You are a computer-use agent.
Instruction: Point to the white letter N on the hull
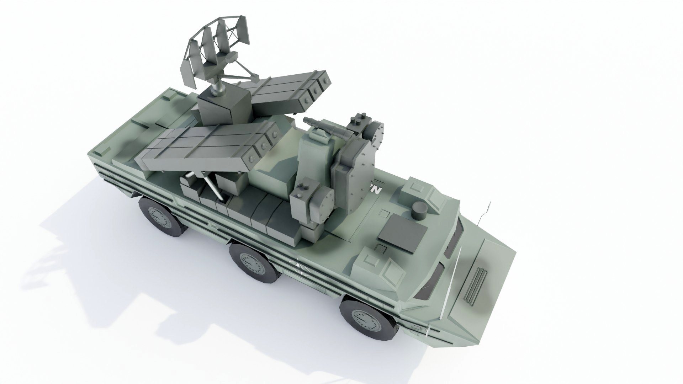pos(377,190)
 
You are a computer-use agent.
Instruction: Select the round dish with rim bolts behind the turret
pos(376,132)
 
